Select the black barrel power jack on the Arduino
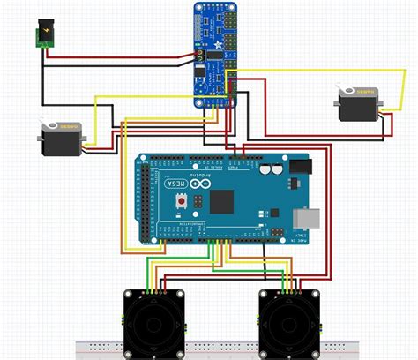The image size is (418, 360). pos(302,167)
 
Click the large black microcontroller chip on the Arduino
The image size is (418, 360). pos(222,202)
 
